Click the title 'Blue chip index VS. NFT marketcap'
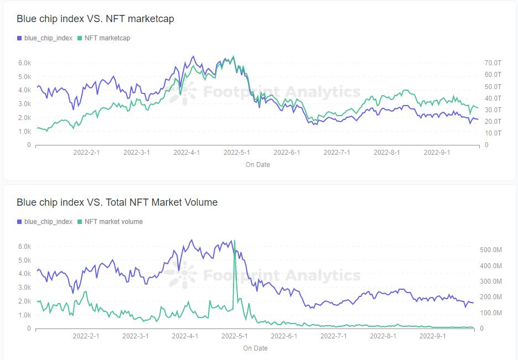point(95,19)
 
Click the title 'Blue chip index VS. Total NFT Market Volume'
point(117,202)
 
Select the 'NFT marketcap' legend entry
point(107,38)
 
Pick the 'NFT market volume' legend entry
point(113,222)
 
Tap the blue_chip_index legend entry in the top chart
point(48,38)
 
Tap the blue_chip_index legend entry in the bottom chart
point(48,222)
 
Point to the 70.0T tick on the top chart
point(493,63)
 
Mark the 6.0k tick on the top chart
point(24,63)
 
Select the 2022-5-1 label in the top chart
point(237,153)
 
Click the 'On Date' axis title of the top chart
point(257,165)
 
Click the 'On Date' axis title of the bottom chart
point(255,348)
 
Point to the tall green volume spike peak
point(235,241)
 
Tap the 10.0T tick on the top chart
point(493,133)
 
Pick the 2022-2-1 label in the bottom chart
point(86,336)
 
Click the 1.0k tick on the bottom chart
point(24,315)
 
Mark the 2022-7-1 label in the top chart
point(337,153)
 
